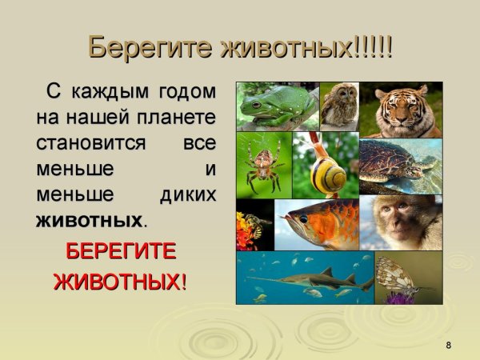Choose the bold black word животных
click(90, 219)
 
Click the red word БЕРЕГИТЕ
click(120, 251)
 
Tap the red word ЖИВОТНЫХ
click(117, 282)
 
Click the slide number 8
click(448, 345)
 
